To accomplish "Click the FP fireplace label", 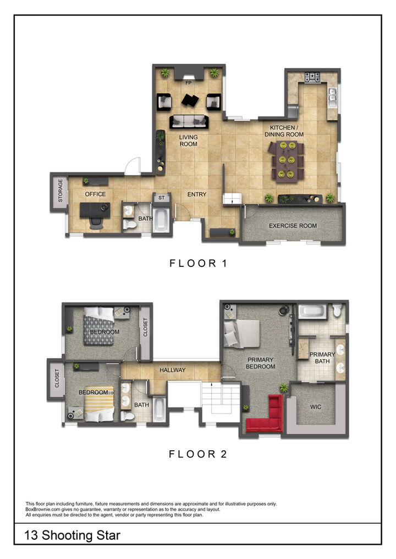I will coord(188,83).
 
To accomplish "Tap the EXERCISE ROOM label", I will coord(293,226).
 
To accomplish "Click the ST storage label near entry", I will coord(162,198).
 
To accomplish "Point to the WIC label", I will coord(316,407).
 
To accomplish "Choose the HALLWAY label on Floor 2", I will coord(173,370).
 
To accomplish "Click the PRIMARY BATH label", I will coord(322,357).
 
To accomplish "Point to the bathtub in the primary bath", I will coord(312,312).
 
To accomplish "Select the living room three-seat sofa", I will coord(188,121).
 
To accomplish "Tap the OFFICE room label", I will coord(95,194).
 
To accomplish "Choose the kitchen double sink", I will coord(332,98).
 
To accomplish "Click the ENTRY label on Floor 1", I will coord(197,194).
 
